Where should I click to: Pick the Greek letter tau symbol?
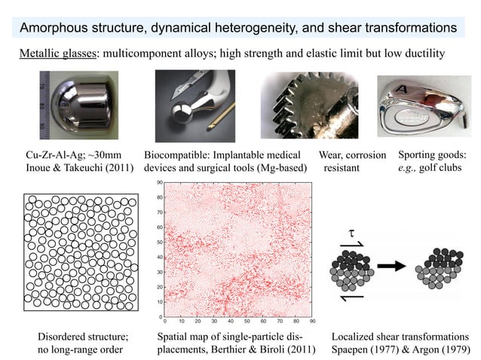[x=351, y=229]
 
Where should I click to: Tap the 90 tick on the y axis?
[x=160, y=182]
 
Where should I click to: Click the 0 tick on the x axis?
[x=167, y=319]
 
